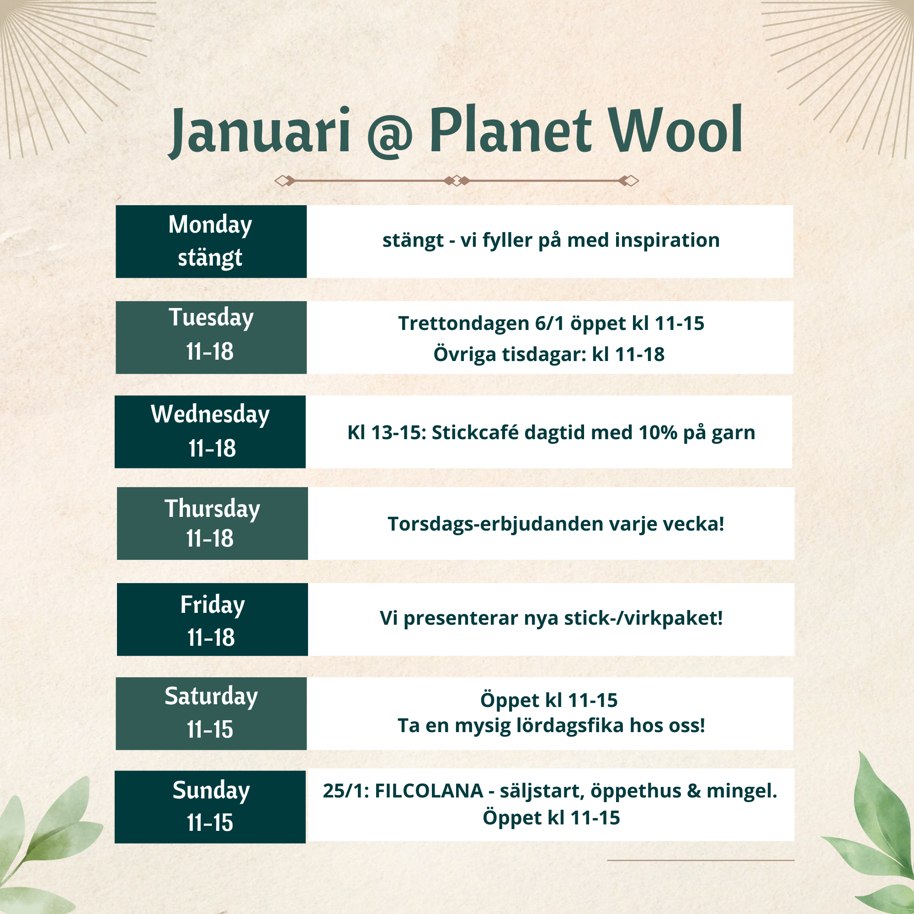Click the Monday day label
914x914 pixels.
pos(211,225)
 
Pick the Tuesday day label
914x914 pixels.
pos(211,317)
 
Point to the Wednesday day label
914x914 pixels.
pos(211,414)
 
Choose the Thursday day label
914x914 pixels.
pos(213,509)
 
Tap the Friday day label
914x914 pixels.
pos(213,605)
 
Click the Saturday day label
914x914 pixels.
pos(212,696)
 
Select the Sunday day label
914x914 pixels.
pos(211,791)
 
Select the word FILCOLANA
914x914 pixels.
pos(429,791)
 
